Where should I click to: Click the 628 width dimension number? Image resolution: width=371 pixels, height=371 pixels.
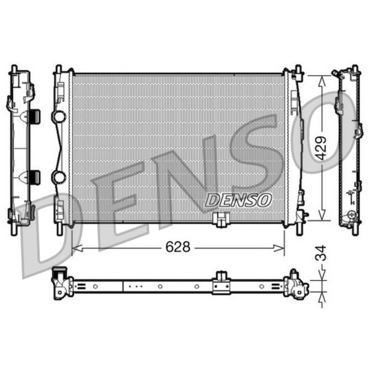coord(178,247)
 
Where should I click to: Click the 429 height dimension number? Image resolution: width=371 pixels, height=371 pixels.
coord(321,148)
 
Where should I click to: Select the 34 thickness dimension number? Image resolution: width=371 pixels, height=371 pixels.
coord(321,253)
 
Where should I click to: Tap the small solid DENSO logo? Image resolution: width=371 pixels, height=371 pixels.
coord(238,200)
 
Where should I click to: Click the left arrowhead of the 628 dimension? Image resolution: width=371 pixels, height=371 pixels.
coord(77,248)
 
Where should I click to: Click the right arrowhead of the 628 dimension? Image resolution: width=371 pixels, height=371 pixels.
coord(279,248)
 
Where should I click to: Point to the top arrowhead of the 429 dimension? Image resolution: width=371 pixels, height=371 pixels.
coord(321,81)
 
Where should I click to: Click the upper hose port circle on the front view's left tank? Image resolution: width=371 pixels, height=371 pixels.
coord(58,117)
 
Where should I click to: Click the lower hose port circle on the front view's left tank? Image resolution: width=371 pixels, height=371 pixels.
coord(58,176)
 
